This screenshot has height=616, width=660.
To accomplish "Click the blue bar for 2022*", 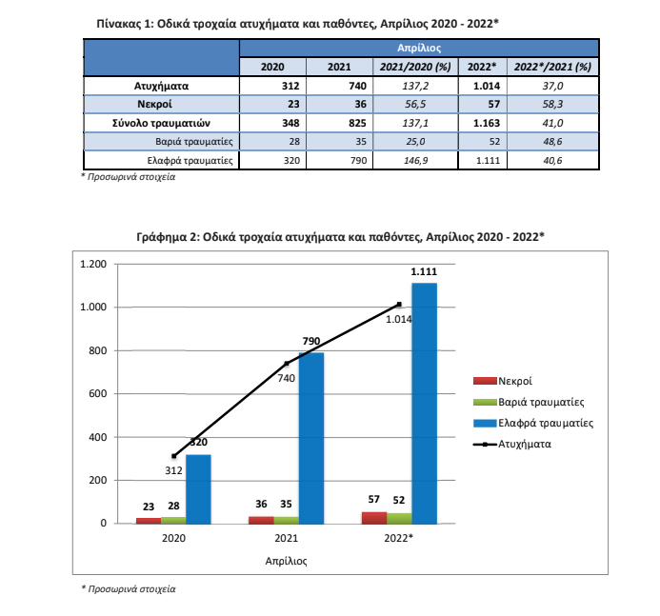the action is (425, 403).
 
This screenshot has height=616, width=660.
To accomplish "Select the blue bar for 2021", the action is (311, 438).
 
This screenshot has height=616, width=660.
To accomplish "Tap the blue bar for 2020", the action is (198, 489).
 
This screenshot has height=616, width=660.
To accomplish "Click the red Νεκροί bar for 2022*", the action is (374, 518).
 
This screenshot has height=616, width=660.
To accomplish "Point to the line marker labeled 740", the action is (287, 364).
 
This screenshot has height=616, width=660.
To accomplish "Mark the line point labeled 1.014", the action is (399, 305).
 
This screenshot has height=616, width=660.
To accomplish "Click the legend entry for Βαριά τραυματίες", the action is (529, 402).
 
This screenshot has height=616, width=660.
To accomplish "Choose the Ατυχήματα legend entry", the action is (512, 444).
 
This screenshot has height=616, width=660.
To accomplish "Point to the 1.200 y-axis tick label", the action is (93, 264).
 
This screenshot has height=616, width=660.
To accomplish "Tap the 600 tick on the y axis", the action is (98, 394).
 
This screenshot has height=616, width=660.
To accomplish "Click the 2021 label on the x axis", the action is (287, 538).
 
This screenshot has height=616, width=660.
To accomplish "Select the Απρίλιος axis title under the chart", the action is (287, 561).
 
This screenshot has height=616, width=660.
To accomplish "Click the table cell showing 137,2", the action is (415, 86).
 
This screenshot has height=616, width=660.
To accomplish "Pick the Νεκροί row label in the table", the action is (154, 104).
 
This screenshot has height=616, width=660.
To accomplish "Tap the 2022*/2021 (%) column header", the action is (552, 67).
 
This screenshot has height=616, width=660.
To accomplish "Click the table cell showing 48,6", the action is (552, 141).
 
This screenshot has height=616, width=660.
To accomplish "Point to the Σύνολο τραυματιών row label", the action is (161, 123).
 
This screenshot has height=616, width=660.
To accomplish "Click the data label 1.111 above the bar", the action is (424, 271).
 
